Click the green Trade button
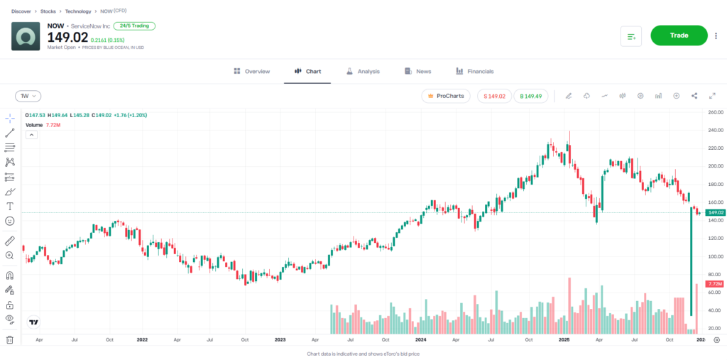[x=679, y=36]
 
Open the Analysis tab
[x=363, y=72]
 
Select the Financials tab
[x=474, y=72]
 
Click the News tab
[x=417, y=72]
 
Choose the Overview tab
[x=251, y=72]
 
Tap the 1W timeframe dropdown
[x=28, y=96]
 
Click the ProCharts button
[x=445, y=96]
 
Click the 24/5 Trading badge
[x=134, y=26]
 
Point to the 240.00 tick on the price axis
[x=714, y=130]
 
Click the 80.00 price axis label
[x=714, y=274]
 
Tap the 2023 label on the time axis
[x=280, y=340]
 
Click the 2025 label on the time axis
[x=564, y=340]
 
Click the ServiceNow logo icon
[x=26, y=36]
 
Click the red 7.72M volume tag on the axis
[x=714, y=284]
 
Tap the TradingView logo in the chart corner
[x=33, y=322]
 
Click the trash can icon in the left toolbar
[x=10, y=339]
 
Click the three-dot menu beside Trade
[x=716, y=36]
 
